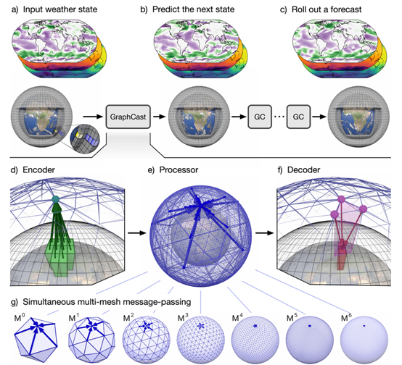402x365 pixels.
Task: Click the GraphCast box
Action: (x=128, y=117)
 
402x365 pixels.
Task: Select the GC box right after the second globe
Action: (x=260, y=117)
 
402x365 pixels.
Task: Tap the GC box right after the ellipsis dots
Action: (x=298, y=117)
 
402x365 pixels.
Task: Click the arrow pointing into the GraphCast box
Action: (x=93, y=117)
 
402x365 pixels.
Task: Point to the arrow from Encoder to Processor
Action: (x=137, y=233)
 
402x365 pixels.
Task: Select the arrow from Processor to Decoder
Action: (x=265, y=233)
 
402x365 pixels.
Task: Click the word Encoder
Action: (x=38, y=170)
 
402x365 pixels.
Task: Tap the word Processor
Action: (x=179, y=170)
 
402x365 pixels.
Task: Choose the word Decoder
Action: (x=303, y=170)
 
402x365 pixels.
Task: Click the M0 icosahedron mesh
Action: (x=36, y=336)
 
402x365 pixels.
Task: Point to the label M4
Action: (x=236, y=317)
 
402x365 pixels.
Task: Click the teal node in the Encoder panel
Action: (x=55, y=199)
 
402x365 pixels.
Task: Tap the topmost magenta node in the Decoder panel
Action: (x=341, y=199)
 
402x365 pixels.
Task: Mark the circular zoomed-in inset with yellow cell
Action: (x=85, y=139)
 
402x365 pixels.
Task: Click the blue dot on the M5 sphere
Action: (x=310, y=326)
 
